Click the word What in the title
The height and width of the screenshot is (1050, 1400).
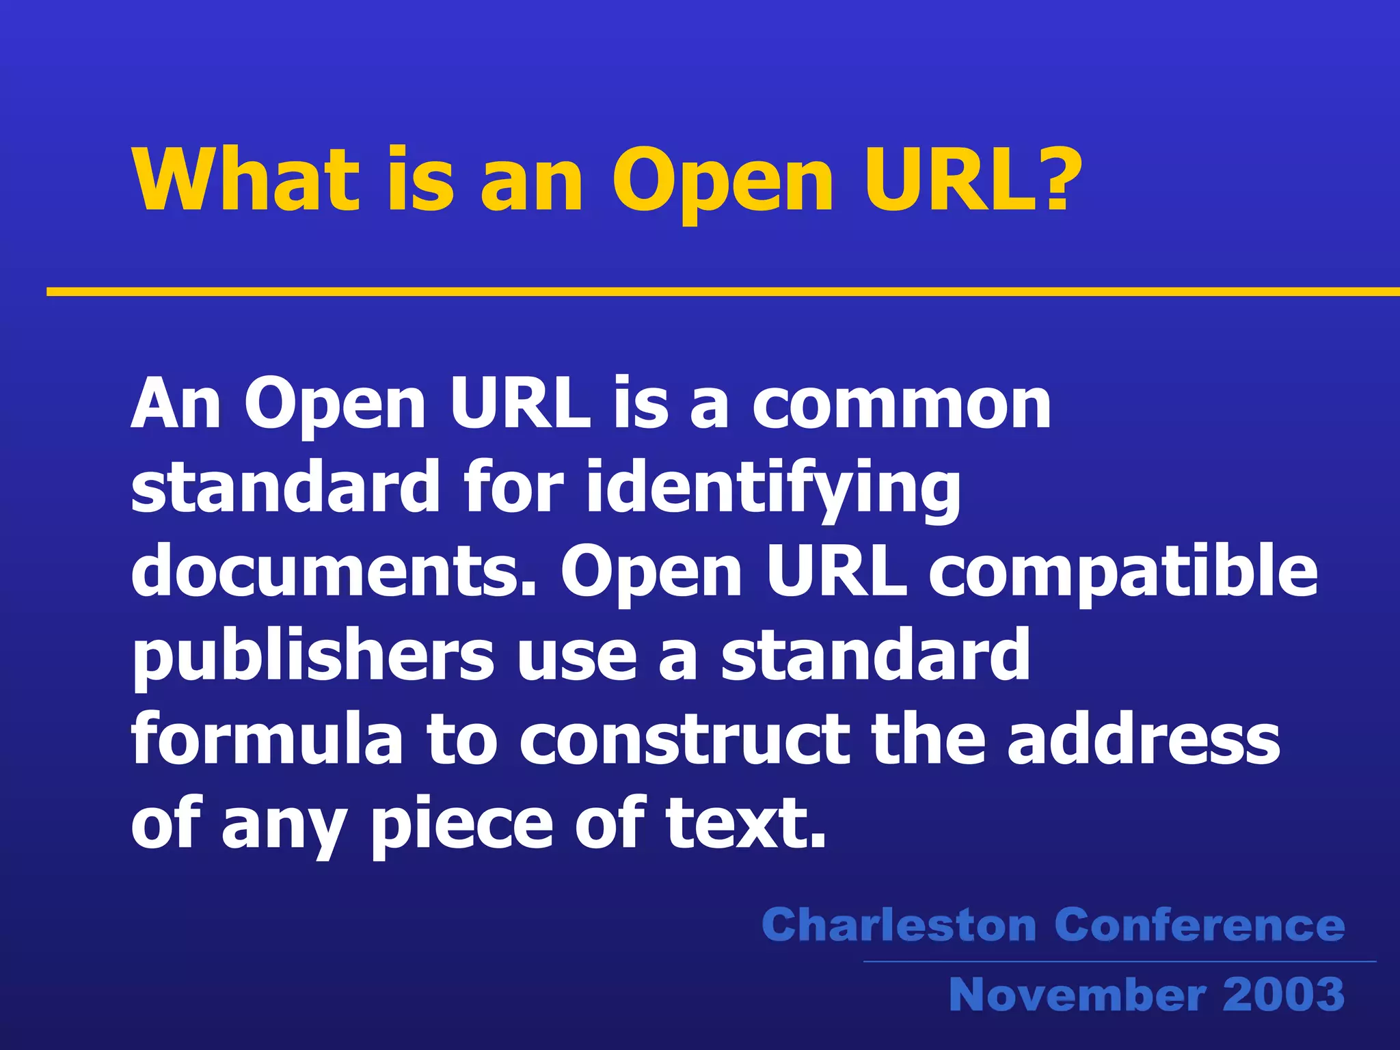tap(246, 179)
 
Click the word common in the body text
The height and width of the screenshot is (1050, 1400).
tap(902, 405)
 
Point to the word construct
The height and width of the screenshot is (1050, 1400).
tap(684, 740)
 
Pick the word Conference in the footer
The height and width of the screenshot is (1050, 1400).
tap(1200, 926)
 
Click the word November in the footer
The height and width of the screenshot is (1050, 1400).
tap(1077, 995)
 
